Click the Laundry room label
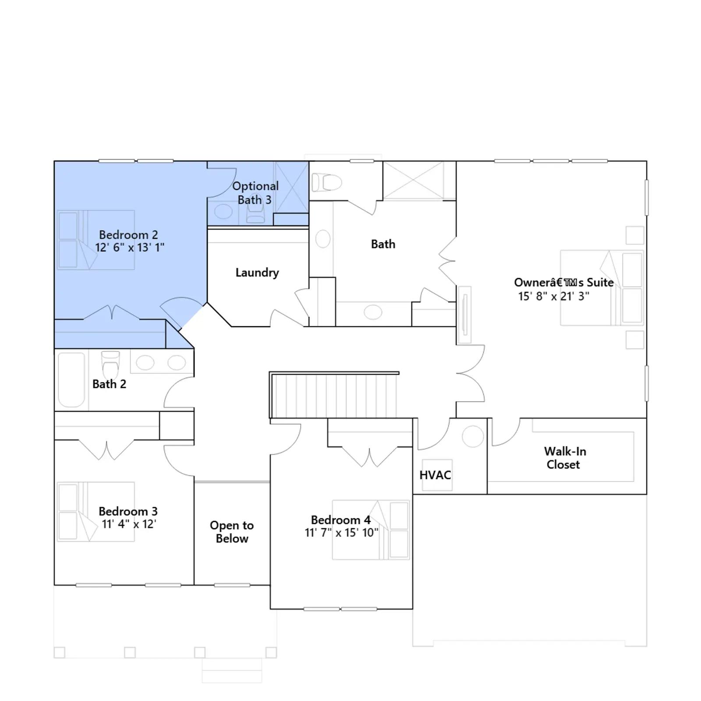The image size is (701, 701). click(257, 273)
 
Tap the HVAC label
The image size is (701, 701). click(435, 475)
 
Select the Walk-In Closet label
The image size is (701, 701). click(565, 458)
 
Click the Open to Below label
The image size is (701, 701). click(232, 531)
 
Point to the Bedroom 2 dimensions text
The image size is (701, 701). click(130, 248)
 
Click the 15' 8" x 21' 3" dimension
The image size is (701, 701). click(554, 296)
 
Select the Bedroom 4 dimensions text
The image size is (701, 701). click(342, 533)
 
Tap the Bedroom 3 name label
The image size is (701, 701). click(128, 511)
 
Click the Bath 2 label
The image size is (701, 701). click(109, 384)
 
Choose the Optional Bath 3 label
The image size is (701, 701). click(255, 193)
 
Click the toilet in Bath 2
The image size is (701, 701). click(110, 364)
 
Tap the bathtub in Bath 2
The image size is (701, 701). click(71, 380)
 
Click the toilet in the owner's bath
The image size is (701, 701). click(326, 182)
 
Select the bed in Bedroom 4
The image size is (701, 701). click(371, 530)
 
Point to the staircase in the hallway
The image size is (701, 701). click(334, 395)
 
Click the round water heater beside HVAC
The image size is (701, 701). click(473, 436)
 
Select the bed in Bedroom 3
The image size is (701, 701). click(96, 512)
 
